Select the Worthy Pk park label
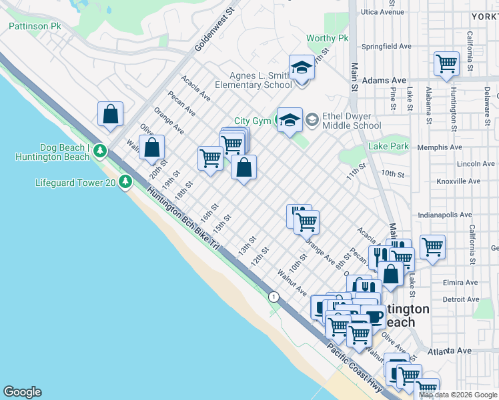coord(328,39)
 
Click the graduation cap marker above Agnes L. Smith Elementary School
coord(302,68)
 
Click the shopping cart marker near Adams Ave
coord(446,65)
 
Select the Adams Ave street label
coord(385,80)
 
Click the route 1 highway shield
coord(273,295)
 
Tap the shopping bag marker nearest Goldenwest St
coord(110,114)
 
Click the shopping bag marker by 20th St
coord(152,147)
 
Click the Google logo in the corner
coord(22,392)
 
